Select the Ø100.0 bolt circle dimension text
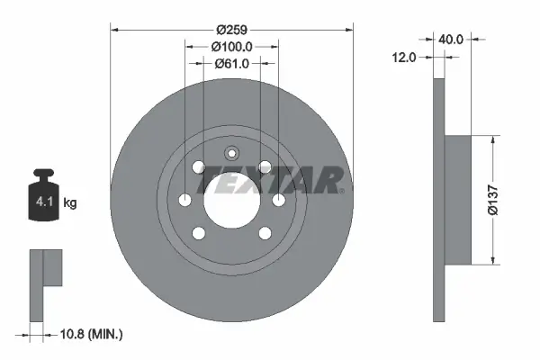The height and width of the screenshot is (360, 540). pyautogui.click(x=231, y=47)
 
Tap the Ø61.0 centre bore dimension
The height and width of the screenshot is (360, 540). pyautogui.click(x=231, y=64)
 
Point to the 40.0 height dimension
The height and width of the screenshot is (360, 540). pyautogui.click(x=452, y=40)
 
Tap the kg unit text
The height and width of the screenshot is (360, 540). pyautogui.click(x=71, y=203)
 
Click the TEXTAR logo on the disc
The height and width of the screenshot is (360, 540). pyautogui.click(x=270, y=180)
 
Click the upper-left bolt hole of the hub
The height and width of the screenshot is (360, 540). pyautogui.click(x=198, y=166)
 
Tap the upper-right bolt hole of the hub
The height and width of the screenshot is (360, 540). pyautogui.click(x=265, y=166)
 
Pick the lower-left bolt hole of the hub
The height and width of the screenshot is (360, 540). pyautogui.click(x=198, y=233)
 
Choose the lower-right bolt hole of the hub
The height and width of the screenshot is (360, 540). pyautogui.click(x=265, y=233)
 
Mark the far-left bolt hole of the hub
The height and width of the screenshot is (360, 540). pyautogui.click(x=184, y=200)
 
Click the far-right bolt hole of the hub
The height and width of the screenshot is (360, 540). pyautogui.click(x=278, y=200)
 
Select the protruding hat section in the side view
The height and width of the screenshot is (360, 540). pyautogui.click(x=459, y=200)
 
